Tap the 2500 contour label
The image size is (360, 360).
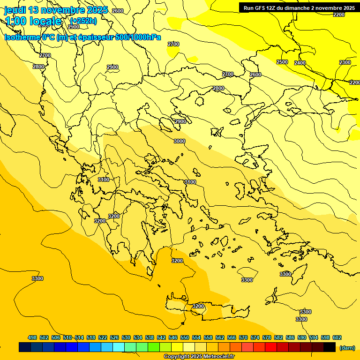pyautogui.click(x=282, y=62)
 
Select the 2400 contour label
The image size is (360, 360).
pyautogui.click(x=300, y=63)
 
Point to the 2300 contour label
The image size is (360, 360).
pyautogui.click(x=345, y=62)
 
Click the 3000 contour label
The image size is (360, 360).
pyautogui.click(x=180, y=141)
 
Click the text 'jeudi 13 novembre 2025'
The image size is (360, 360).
pyautogui.click(x=56, y=10)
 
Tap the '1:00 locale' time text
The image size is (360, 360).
pyautogui.click(x=33, y=21)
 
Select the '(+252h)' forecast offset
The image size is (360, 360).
pyautogui.click(x=83, y=21)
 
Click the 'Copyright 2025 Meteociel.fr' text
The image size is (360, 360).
pyautogui.click(x=199, y=357)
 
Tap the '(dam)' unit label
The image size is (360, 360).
pyautogui.click(x=346, y=347)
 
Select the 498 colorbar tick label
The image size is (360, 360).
pyautogui.click(x=32, y=337)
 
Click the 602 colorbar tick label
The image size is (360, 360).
pyautogui.click(x=337, y=337)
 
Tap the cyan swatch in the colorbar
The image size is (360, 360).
pyautogui.click(x=119, y=347)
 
